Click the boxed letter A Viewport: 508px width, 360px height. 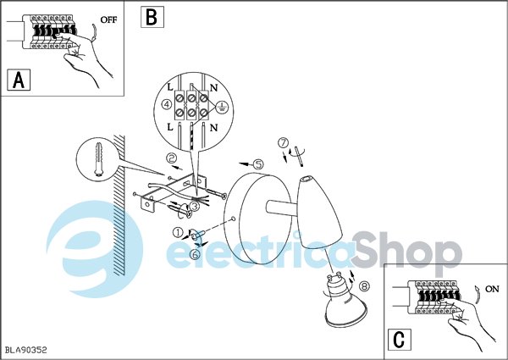19,80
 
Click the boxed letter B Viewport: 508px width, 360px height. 152,17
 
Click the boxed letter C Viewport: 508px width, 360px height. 399,340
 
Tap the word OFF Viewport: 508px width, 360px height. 108,19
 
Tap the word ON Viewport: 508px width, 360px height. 492,289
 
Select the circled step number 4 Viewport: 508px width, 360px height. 167,105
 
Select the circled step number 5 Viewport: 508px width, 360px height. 258,164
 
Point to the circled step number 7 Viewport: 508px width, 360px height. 284,142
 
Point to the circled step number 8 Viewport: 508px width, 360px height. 364,285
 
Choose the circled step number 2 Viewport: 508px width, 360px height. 171,158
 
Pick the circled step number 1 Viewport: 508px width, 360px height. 178,232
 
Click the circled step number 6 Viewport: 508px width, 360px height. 195,254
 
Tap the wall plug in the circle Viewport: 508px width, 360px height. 98,158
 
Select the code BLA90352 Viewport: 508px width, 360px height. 26,350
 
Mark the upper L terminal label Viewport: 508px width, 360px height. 170,87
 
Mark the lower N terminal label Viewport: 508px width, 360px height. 213,128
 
